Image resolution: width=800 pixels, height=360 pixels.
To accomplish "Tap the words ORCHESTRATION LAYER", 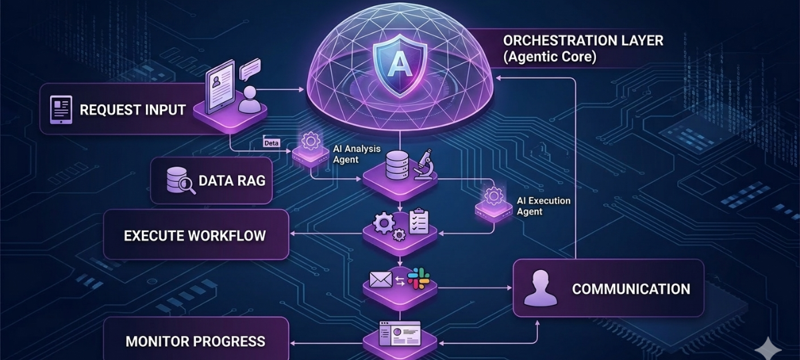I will (583, 40).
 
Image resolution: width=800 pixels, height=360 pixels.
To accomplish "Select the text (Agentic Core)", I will (549, 57).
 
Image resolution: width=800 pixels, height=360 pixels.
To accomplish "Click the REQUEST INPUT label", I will (133, 110).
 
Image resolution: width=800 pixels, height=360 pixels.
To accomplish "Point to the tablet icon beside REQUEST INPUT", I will (61, 110).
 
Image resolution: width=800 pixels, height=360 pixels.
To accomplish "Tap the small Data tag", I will (271, 143).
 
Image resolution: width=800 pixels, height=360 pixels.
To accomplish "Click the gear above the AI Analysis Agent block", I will (309, 141).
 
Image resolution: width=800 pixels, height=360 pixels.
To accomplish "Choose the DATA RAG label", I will (231, 181).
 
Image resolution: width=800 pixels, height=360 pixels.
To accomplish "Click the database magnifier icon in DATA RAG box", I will (181, 181).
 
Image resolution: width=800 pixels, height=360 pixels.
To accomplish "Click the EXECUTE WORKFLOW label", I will (195, 235).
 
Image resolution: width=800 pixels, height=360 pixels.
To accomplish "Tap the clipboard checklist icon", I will (419, 221).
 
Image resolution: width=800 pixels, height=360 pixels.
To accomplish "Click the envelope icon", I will (380, 281).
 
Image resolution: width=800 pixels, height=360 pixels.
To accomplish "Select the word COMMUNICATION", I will (631, 289).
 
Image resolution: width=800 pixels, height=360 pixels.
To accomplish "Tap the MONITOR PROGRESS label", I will (195, 342).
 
